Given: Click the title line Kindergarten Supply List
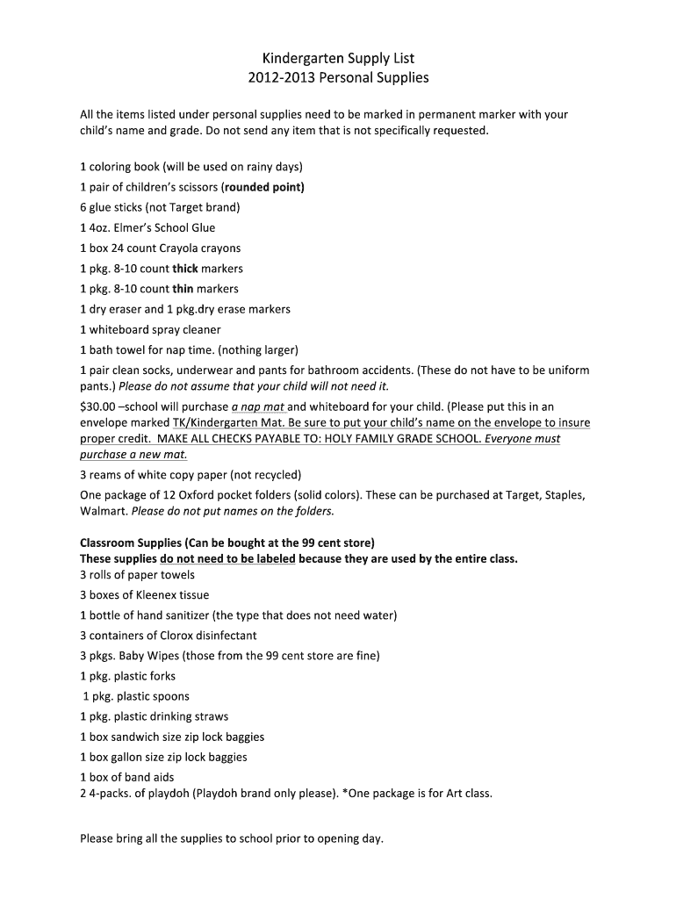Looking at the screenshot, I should point(338,58).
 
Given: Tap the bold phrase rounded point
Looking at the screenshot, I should point(264,187).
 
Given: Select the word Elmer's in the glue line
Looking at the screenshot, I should point(135,228).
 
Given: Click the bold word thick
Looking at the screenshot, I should point(185,269).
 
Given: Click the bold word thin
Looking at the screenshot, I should point(183,289).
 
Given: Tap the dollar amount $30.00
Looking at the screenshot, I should point(97,407).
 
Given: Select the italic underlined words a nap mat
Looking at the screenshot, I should point(258,407).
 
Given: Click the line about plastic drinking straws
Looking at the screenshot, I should point(154,716).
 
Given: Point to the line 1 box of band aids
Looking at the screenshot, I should point(126,777).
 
